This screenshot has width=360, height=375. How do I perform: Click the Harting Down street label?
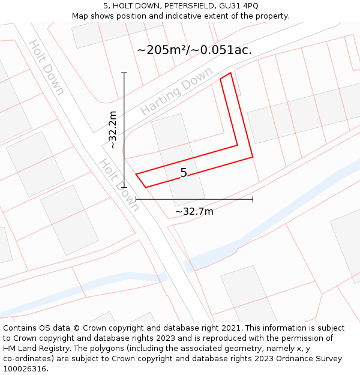click(176, 91)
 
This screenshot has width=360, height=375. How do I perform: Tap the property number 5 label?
click(184, 173)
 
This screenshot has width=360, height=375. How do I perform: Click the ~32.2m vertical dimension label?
click(112, 130)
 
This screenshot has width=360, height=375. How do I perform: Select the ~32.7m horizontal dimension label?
click(194, 211)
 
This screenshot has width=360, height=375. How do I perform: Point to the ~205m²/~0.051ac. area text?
click(194, 50)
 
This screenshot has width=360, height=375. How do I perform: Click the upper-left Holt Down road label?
click(46, 67)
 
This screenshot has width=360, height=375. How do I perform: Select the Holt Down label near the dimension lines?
click(119, 185)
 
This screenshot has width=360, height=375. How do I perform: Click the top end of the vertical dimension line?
click(124, 73)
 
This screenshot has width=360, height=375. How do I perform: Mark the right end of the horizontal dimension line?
click(253, 199)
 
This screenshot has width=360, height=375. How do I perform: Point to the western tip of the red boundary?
click(136, 175)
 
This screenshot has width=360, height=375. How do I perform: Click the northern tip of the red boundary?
click(230, 73)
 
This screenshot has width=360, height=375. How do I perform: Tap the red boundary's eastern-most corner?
click(253, 157)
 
